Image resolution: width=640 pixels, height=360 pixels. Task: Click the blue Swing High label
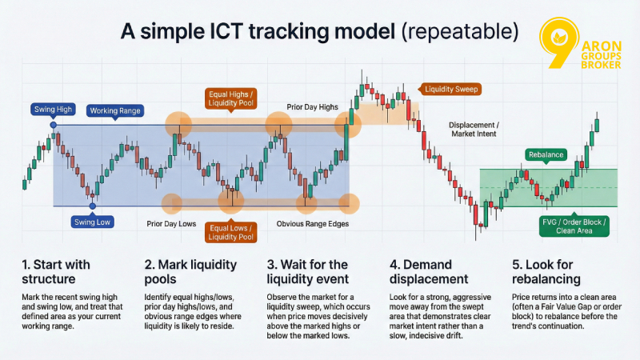coord(52,108)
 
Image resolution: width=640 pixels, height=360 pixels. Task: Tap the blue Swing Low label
coord(92,222)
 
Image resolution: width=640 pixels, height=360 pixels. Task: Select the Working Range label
coord(113,110)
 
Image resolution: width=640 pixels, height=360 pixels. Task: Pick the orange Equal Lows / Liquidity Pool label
coord(231,232)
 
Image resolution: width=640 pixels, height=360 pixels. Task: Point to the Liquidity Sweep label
coord(451,90)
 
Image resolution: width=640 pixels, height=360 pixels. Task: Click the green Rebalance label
coord(546,154)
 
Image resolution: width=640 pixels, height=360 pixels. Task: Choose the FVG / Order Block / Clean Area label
coord(574,226)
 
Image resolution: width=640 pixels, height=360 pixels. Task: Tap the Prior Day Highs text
coord(312,106)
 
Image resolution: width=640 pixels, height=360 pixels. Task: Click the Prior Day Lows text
coord(170,224)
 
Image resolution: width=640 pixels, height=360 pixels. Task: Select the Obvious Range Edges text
coord(311,224)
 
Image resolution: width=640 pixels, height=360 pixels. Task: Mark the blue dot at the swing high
coord(53,125)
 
